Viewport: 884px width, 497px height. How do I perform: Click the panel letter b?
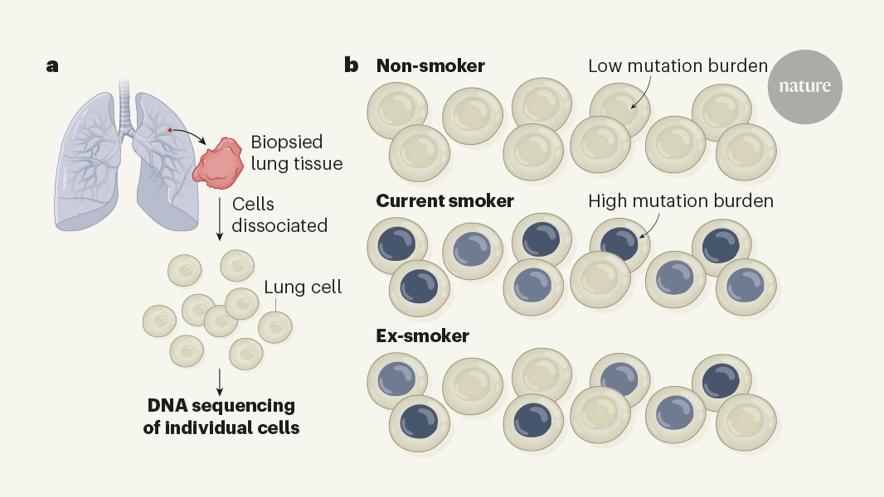coord(352,65)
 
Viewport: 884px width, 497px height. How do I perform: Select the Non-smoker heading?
coord(430,65)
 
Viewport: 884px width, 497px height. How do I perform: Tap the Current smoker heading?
coord(444,201)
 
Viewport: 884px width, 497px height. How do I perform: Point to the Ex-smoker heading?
coord(422,335)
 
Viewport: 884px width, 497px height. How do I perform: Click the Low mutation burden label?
coord(678,66)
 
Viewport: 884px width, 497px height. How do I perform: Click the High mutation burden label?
coord(680,201)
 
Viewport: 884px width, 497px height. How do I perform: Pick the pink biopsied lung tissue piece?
coord(219,161)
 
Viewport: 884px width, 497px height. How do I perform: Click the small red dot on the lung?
coord(169,130)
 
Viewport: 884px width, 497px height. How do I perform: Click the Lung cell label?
coord(303,287)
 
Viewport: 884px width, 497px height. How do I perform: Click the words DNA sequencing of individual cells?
coord(222,417)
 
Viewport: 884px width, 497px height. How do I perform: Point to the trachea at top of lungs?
coord(125,104)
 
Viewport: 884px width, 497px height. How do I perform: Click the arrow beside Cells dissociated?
coord(219,217)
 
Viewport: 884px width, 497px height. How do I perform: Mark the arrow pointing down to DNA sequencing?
coord(219,380)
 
